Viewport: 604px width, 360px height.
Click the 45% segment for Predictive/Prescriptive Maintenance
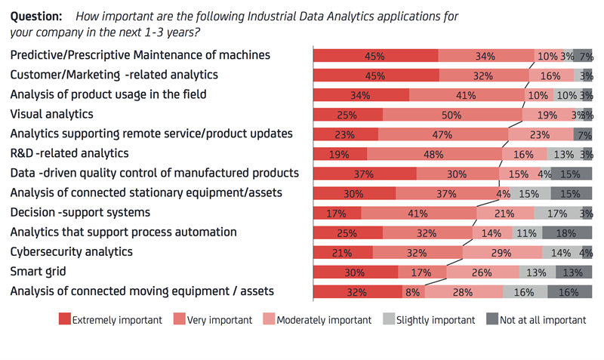(375, 56)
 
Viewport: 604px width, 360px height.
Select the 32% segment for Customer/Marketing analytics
(484, 75)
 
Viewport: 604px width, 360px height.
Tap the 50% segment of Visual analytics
(451, 115)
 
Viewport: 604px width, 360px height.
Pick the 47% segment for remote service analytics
(443, 134)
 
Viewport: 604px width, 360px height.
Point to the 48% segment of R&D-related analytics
(433, 154)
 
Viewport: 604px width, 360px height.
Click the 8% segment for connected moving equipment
(413, 291)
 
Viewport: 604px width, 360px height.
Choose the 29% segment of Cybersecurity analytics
(501, 252)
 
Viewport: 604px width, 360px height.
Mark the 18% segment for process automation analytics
(566, 232)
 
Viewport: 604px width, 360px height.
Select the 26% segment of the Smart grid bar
(482, 272)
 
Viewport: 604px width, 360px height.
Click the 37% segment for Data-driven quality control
(365, 174)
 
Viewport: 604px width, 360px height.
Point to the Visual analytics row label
(51, 114)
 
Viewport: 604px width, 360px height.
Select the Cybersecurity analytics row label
(72, 251)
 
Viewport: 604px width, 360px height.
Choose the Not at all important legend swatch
(490, 320)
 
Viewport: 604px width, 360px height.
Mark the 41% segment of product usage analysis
(466, 95)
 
